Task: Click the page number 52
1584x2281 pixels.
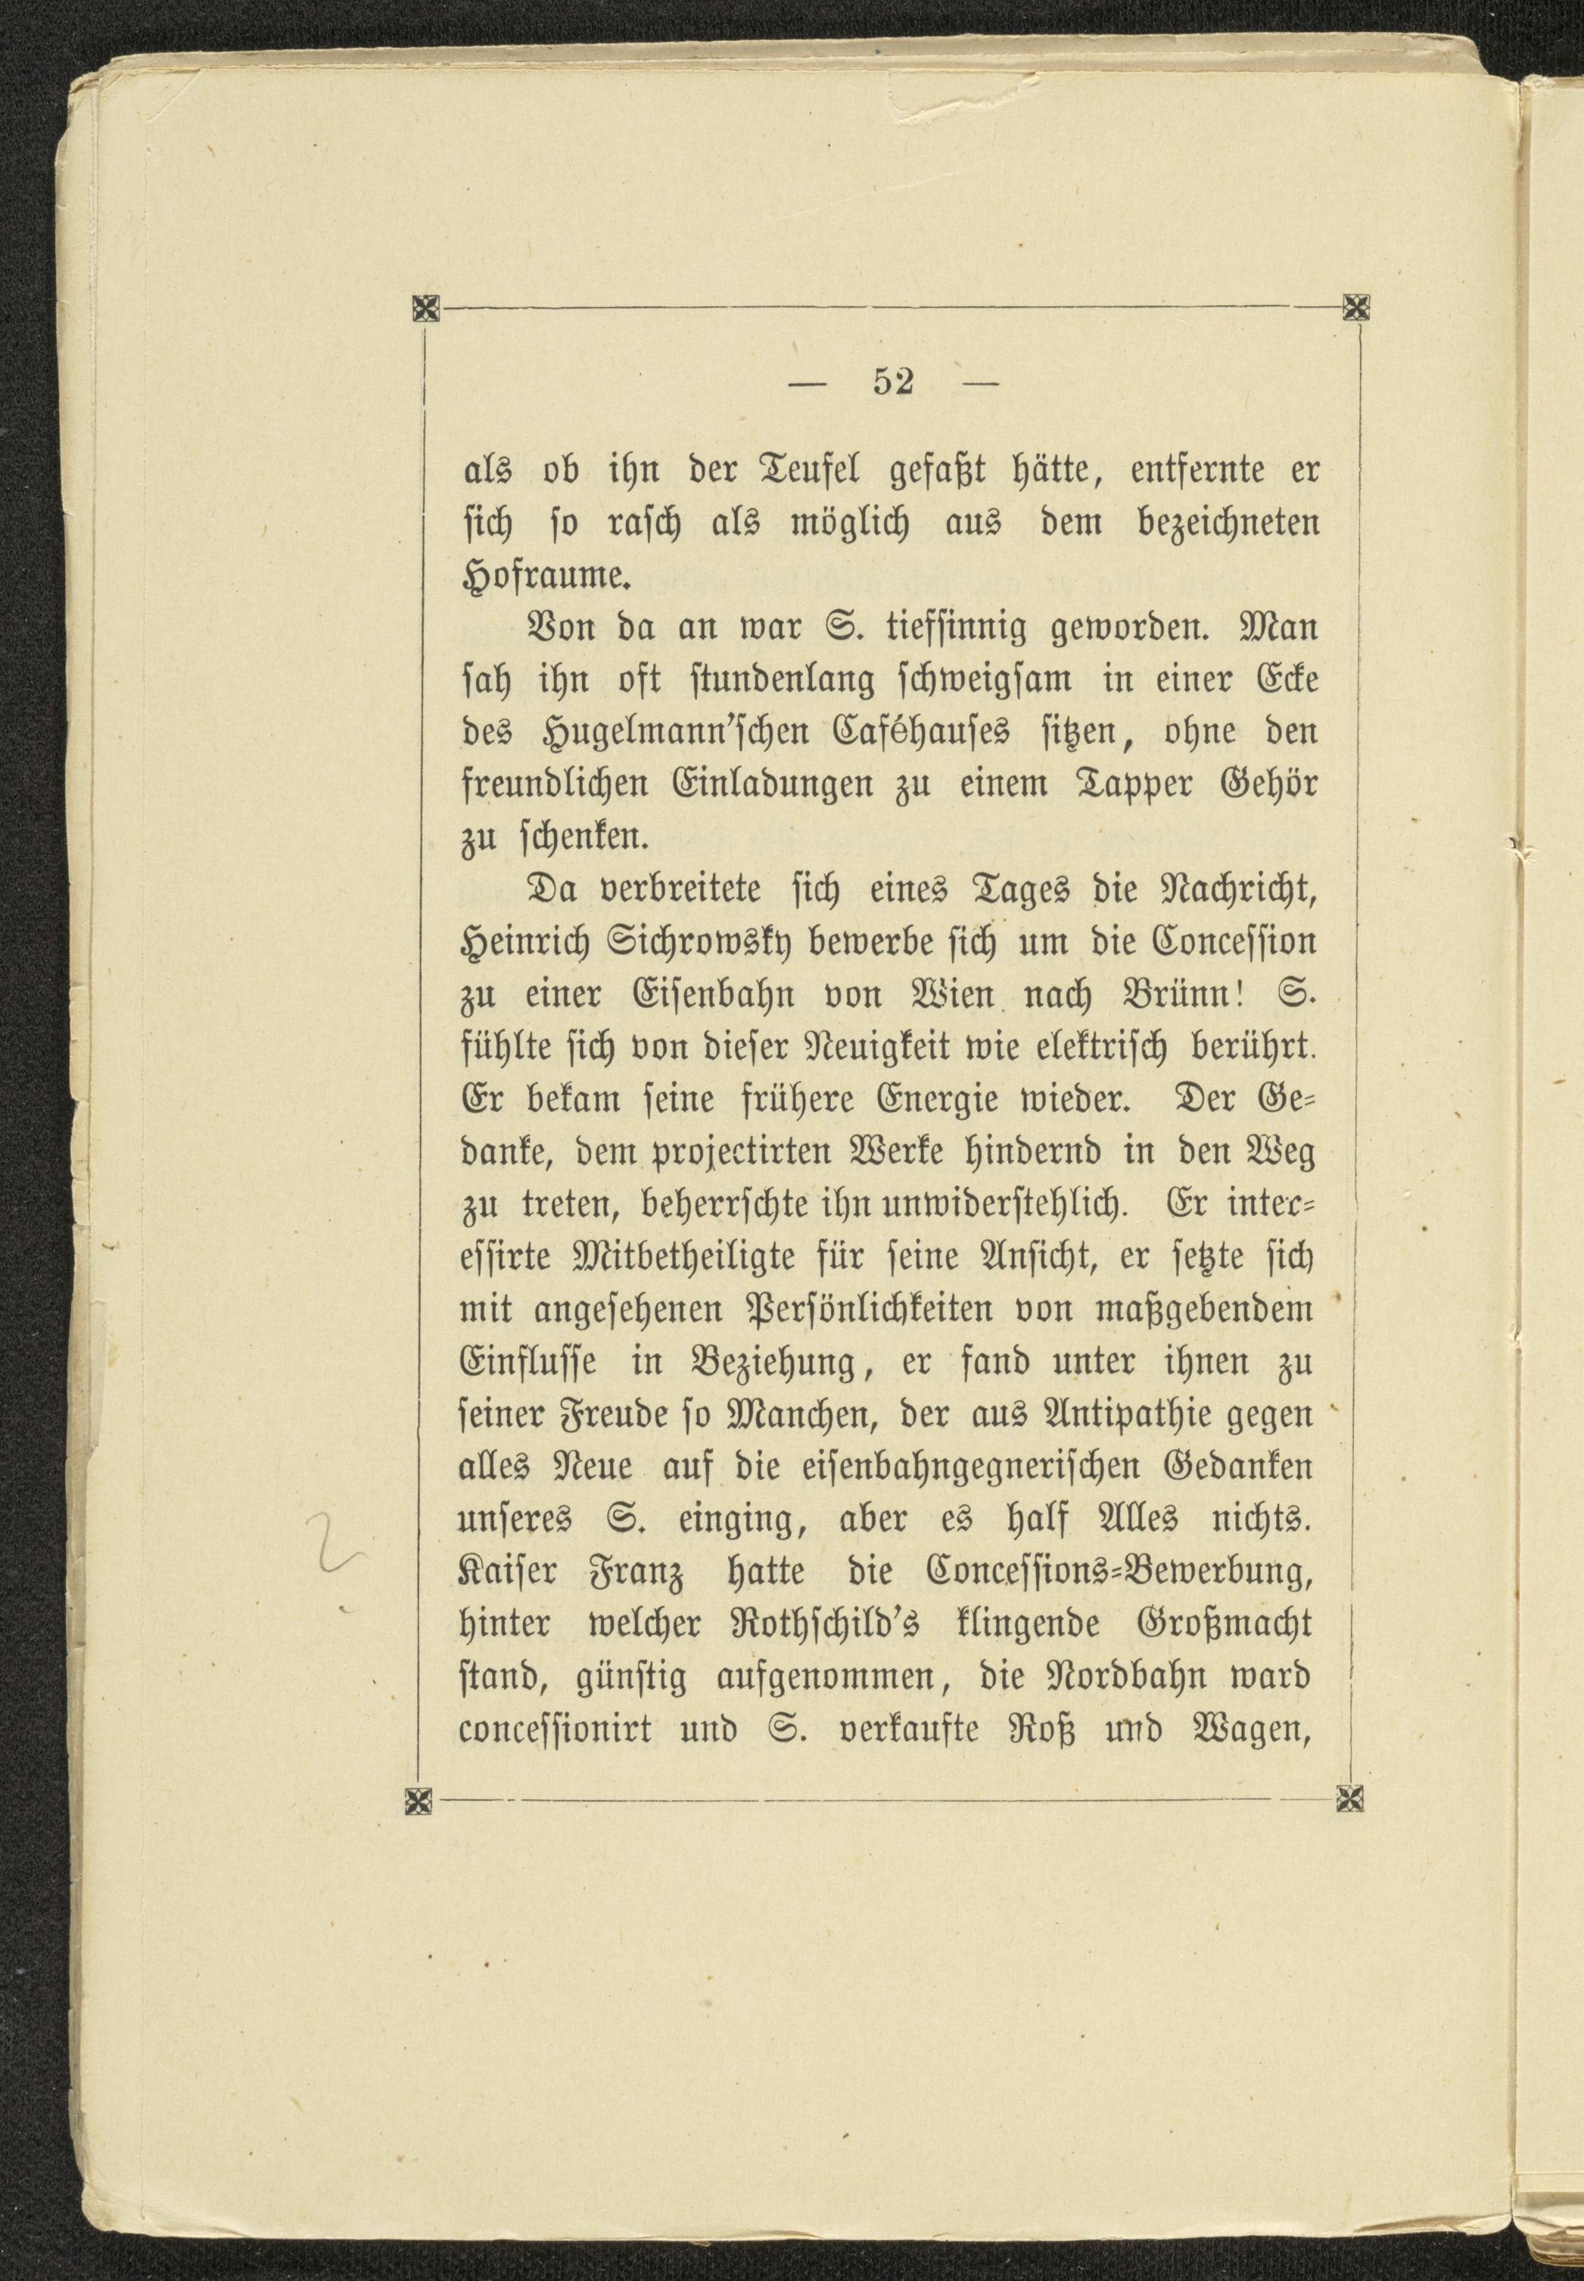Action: (892, 383)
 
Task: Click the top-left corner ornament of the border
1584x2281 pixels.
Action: (425, 310)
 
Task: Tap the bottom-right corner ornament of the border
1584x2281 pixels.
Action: (1351, 1796)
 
